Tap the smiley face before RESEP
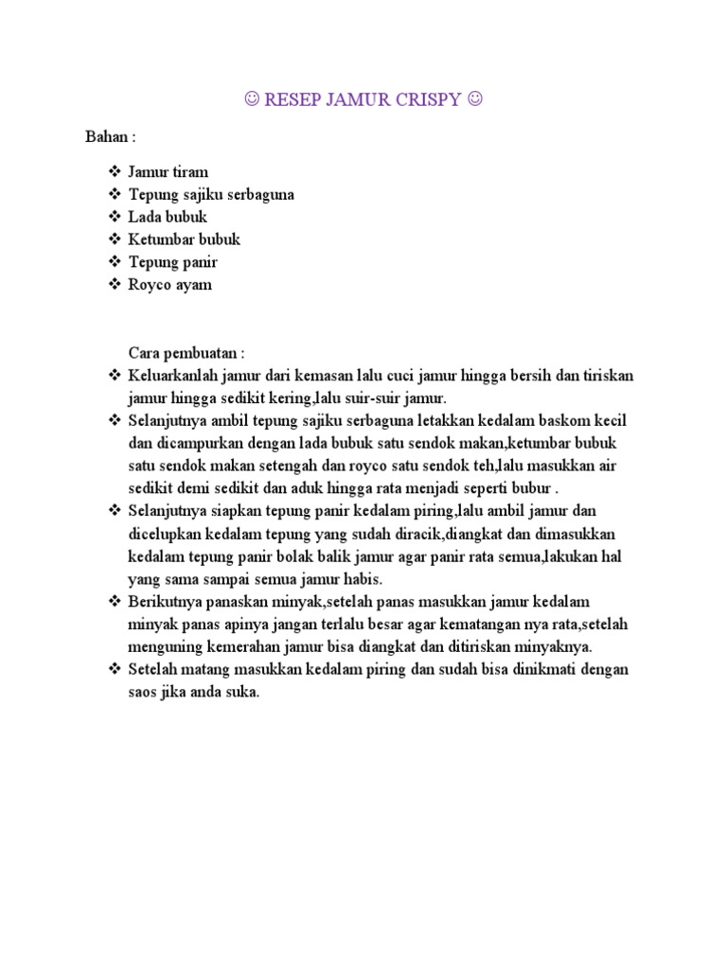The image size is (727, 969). pos(251,99)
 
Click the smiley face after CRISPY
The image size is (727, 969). pos(474,99)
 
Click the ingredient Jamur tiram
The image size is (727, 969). pos(168,171)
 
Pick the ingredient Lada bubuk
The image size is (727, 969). pos(168,217)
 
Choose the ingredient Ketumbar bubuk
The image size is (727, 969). pos(184,239)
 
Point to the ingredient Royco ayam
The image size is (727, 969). pos(170,285)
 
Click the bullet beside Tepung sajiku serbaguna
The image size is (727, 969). pos(115,194)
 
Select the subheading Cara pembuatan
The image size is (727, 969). pos(186,353)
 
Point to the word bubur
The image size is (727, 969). pos(529,488)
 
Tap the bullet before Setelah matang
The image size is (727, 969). pos(115,670)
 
